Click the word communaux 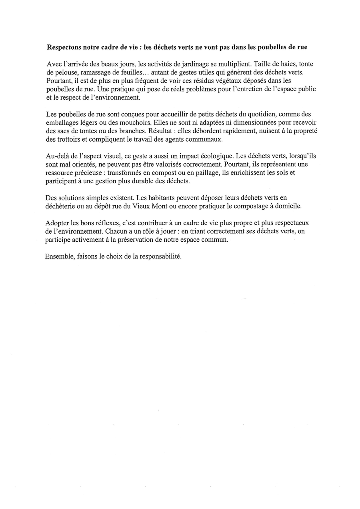click(202, 140)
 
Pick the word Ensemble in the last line click(58, 257)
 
